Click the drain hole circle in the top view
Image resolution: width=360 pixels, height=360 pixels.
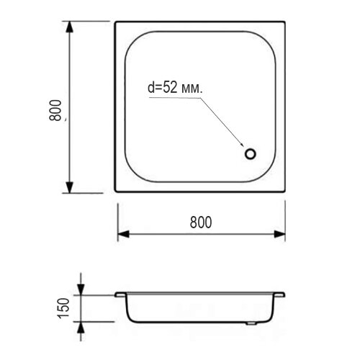click(x=251, y=153)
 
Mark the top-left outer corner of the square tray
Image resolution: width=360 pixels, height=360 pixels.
click(x=115, y=22)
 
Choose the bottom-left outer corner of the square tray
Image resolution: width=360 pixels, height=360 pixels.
click(x=115, y=192)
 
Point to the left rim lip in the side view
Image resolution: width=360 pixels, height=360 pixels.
click(x=119, y=294)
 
